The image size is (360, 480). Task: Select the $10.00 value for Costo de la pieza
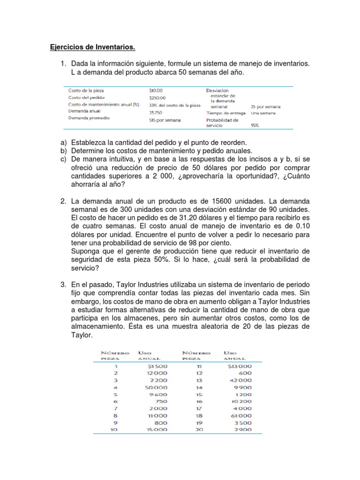(x=156, y=90)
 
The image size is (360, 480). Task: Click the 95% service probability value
(x=255, y=125)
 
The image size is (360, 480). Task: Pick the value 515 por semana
(x=165, y=120)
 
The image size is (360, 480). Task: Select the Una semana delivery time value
(x=263, y=113)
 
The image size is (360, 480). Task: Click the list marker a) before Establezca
(x=63, y=142)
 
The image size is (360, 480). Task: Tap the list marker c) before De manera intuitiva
(x=63, y=159)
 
